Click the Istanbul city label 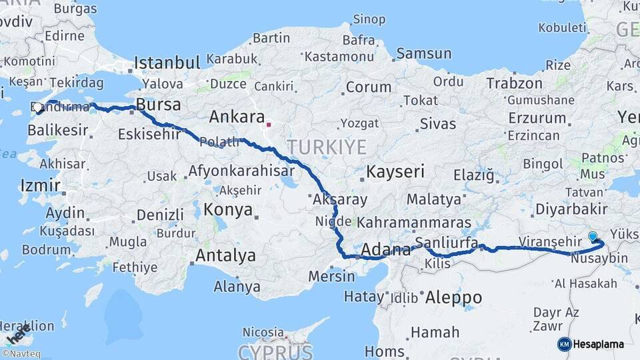(x=167, y=63)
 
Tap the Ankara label (x=237, y=117)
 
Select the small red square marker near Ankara (x=269, y=124)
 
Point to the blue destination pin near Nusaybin (x=593, y=236)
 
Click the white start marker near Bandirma (x=38, y=106)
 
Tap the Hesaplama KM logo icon (x=564, y=344)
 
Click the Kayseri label (x=395, y=172)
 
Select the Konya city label (x=229, y=210)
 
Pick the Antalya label (x=225, y=255)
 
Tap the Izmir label (x=40, y=185)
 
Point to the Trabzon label (x=514, y=83)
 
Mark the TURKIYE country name (x=327, y=147)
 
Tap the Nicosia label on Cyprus (x=263, y=332)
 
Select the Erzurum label (x=537, y=118)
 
